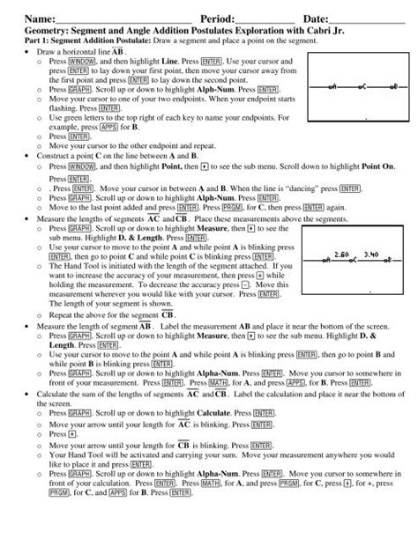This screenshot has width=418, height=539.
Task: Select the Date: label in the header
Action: click(x=317, y=18)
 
